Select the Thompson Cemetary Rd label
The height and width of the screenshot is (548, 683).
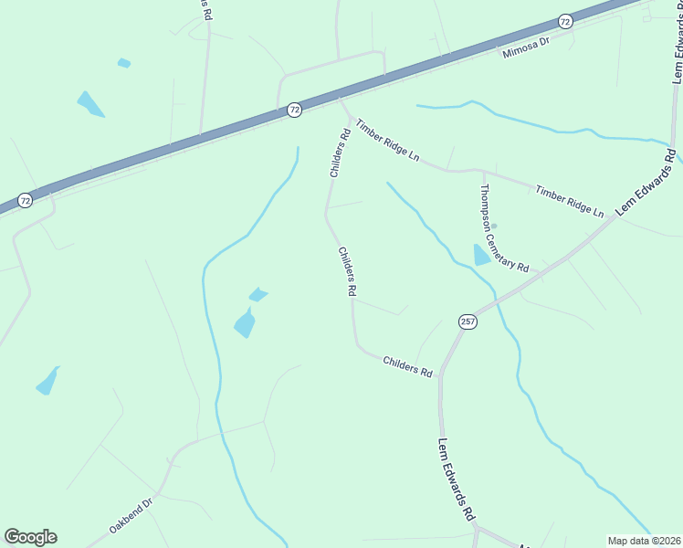click(x=504, y=229)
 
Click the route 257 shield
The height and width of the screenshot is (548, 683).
click(x=468, y=321)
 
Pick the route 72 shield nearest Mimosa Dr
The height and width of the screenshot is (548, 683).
click(x=565, y=20)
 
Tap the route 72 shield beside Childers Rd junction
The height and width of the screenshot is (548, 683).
click(x=294, y=110)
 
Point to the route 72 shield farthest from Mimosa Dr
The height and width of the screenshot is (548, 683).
click(x=25, y=200)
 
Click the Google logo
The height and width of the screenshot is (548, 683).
click(x=30, y=537)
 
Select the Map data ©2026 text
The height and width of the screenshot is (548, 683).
click(x=644, y=541)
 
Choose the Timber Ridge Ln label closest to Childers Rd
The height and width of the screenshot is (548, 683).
click(x=387, y=141)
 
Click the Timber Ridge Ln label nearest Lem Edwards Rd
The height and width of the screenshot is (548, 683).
click(x=570, y=201)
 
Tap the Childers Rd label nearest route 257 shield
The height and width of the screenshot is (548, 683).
click(x=407, y=365)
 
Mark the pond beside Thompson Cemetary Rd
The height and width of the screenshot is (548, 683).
click(x=481, y=255)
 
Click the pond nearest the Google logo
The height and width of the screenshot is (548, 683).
click(x=47, y=381)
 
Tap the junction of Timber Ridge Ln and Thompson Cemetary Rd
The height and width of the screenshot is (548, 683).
click(x=481, y=170)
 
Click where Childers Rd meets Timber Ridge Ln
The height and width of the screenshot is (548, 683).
click(x=348, y=117)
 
